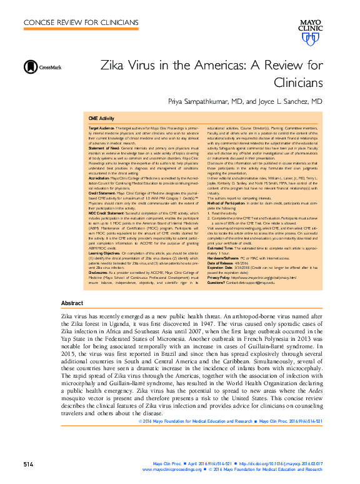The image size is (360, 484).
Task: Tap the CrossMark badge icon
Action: [29, 68]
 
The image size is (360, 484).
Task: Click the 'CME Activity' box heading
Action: [101, 118]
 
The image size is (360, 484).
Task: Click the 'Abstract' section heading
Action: [72, 303]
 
